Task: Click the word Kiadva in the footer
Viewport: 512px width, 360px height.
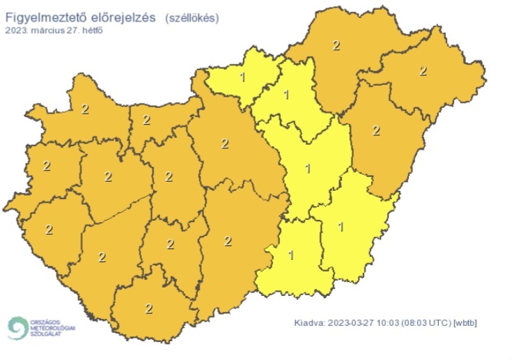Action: coord(309,322)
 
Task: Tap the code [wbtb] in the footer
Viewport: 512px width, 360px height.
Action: coord(465,322)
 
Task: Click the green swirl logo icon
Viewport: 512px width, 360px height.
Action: coord(17,327)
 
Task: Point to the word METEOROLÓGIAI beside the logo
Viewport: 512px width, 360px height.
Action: coord(52,327)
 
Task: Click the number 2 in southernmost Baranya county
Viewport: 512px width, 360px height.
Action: coord(148,308)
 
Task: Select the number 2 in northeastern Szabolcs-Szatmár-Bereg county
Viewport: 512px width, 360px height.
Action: coord(422,71)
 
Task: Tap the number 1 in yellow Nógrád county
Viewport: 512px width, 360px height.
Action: coord(242,76)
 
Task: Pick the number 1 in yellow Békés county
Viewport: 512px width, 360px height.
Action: coord(341,226)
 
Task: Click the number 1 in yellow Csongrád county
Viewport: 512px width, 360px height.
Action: coord(291,255)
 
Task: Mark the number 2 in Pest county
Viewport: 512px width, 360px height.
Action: coord(224,144)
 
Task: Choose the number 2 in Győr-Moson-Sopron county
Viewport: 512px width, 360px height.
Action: coord(85,109)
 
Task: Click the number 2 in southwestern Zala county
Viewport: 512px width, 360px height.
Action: coord(49,229)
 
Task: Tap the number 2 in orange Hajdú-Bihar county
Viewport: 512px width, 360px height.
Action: coord(376,130)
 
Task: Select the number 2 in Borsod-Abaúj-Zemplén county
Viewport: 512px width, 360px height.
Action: coord(336,46)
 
